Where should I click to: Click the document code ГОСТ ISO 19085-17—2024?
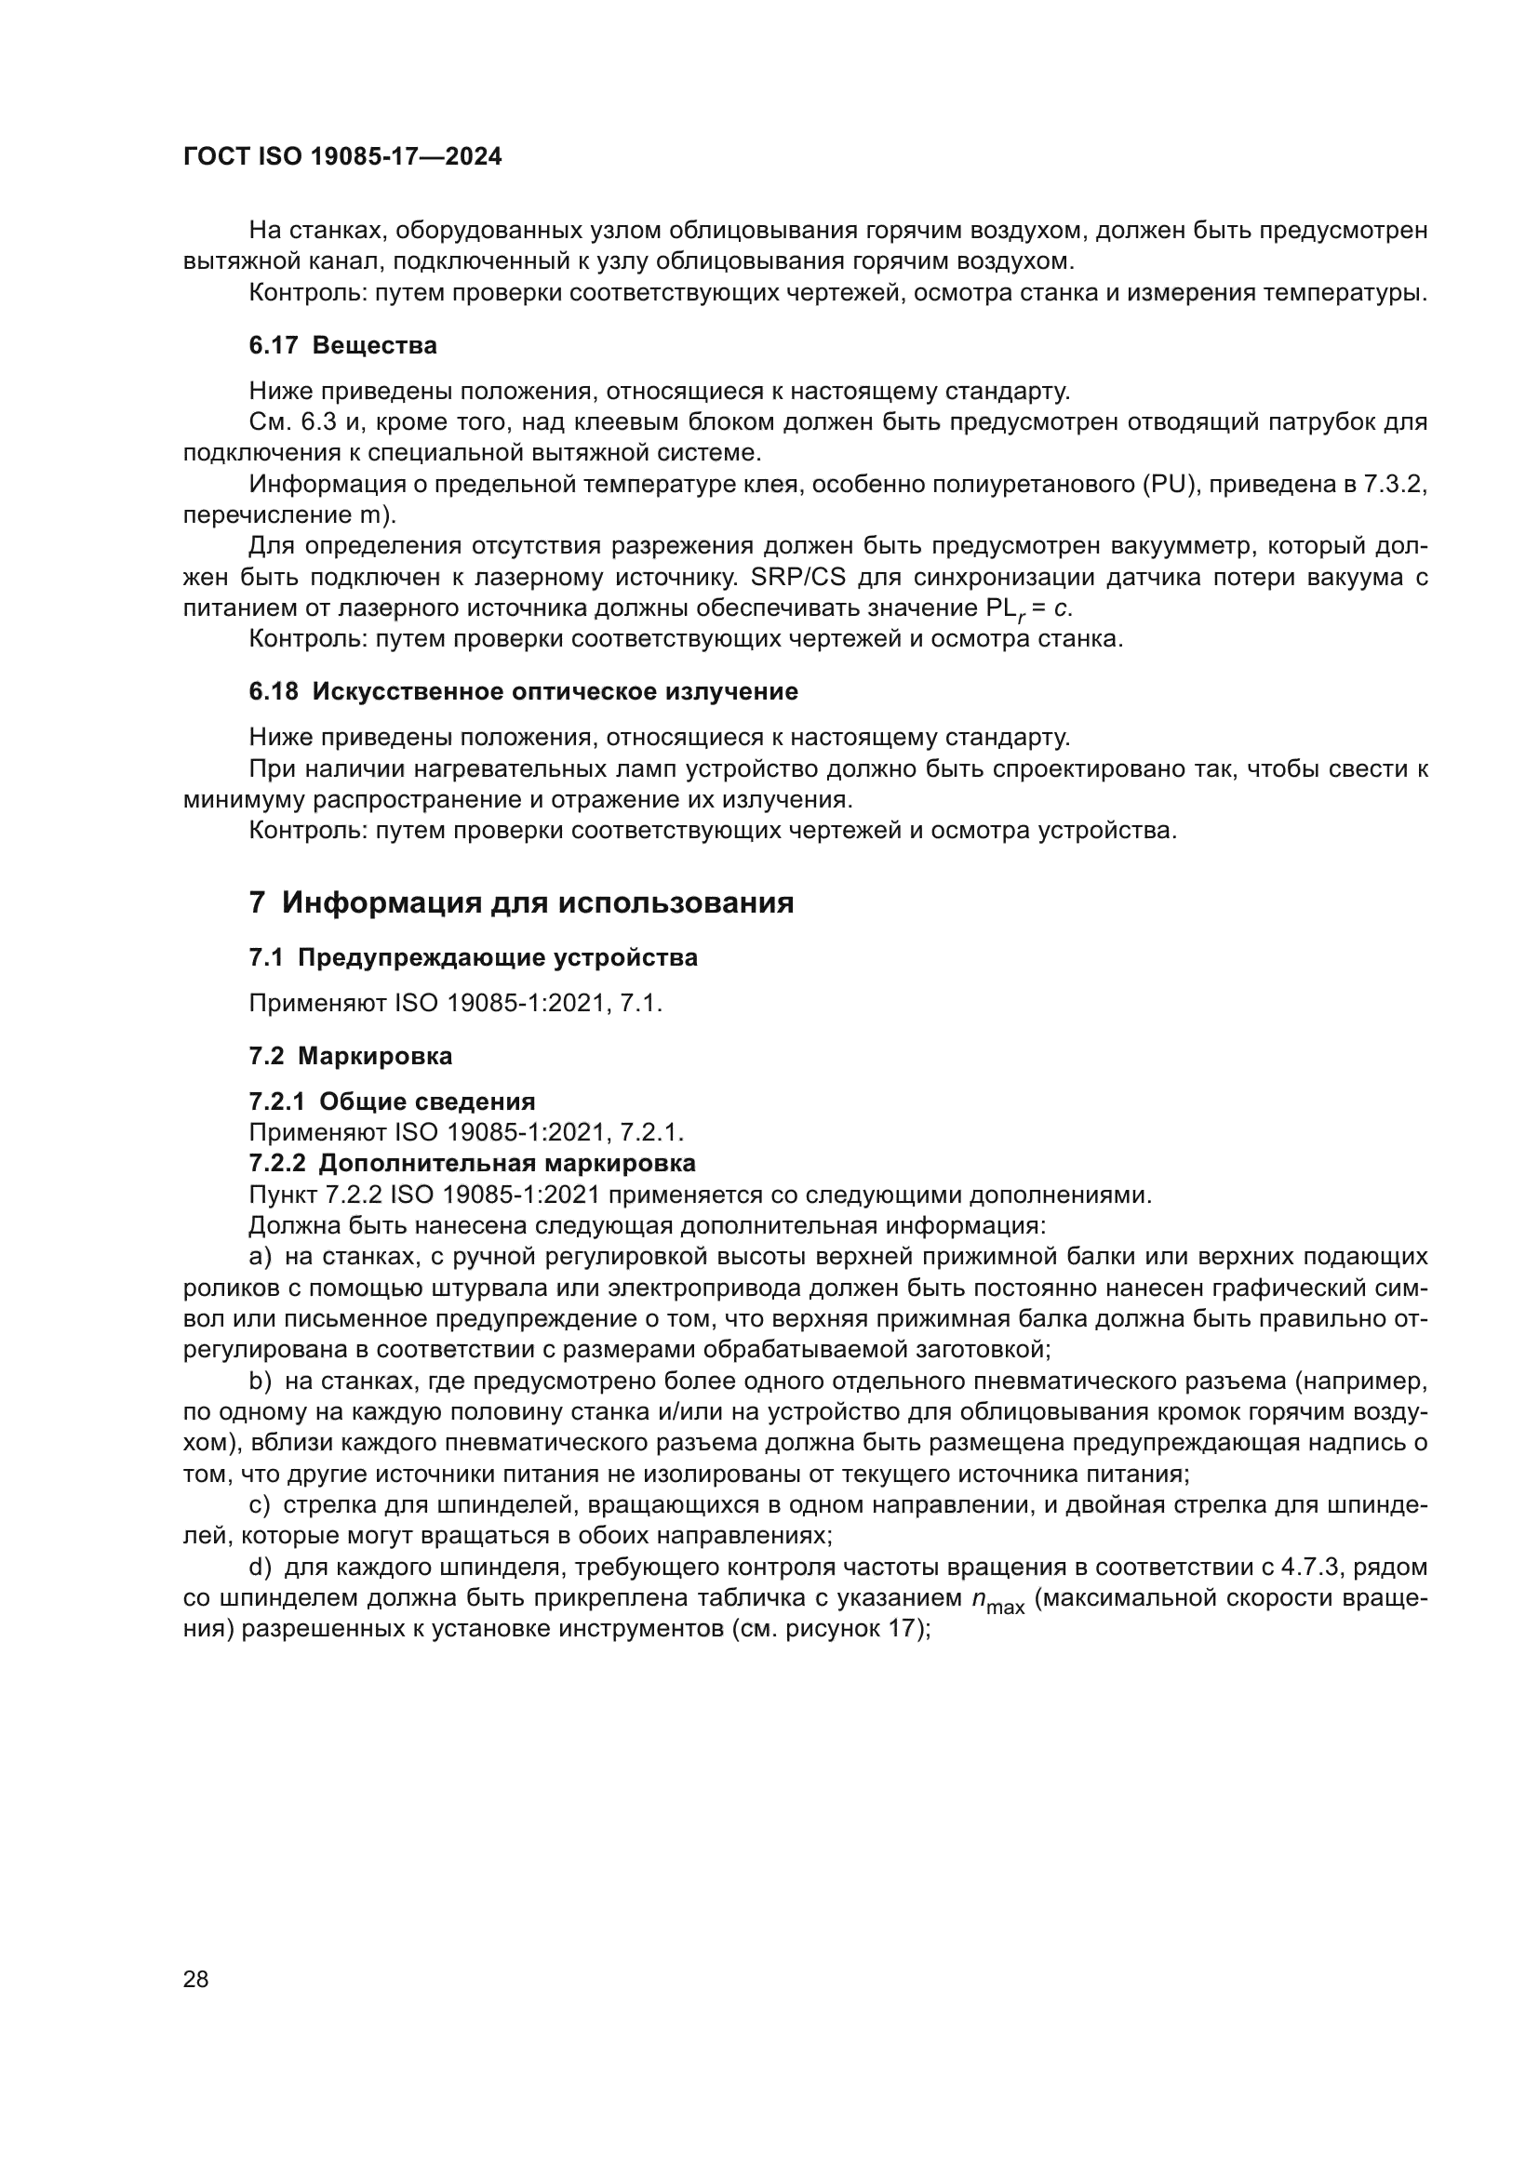point(342,157)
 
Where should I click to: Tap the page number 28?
point(195,1979)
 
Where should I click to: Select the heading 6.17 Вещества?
point(342,346)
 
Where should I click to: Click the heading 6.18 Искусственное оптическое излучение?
point(523,692)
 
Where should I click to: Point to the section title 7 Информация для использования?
point(521,902)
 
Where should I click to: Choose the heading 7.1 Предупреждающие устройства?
point(473,957)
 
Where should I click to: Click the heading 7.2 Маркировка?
point(351,1056)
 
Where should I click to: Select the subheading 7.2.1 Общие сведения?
point(392,1101)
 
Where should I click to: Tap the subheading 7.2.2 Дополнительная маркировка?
point(472,1163)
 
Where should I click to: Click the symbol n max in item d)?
point(997,1600)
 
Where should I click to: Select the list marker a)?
point(260,1257)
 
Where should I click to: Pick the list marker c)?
point(260,1505)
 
